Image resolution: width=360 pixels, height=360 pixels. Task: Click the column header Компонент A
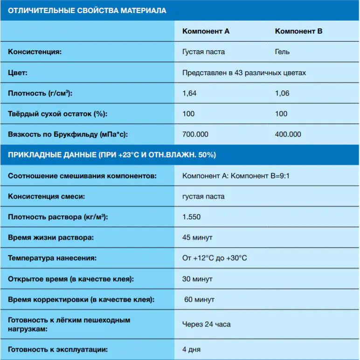206,31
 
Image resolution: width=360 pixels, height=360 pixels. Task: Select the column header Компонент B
298,31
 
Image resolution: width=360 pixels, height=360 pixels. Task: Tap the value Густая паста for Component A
203,52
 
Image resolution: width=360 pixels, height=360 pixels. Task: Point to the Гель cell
282,52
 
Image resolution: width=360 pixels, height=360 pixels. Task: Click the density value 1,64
189,93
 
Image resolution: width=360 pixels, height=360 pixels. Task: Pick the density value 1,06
282,93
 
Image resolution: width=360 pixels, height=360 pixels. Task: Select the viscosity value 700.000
195,134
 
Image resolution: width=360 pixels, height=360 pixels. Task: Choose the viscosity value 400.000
288,134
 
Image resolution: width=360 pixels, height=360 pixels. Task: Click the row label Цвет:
18,73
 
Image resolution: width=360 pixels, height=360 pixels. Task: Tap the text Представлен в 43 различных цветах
244,73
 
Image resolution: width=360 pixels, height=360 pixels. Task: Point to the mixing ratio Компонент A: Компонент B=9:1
239,176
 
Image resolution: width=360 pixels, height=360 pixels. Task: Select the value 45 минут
197,238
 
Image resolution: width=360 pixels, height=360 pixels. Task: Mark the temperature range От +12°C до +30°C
215,258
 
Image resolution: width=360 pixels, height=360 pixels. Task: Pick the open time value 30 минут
197,279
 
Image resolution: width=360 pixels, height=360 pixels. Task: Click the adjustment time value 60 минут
199,299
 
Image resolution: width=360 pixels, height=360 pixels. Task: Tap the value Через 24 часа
206,324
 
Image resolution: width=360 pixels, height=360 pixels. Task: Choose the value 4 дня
191,349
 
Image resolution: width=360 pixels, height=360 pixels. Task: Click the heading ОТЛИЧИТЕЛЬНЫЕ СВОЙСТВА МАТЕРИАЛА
87,10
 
